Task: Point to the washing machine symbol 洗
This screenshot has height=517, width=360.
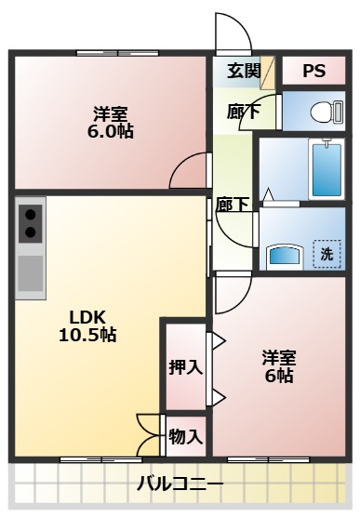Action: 327,253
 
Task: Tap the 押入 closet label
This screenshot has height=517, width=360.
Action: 186,366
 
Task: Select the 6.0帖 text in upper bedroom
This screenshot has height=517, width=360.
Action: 110,131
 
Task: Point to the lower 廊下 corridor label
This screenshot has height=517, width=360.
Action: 232,205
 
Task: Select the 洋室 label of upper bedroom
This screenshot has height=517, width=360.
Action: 110,113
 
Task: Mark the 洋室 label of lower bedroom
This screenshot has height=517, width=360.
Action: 278,357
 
